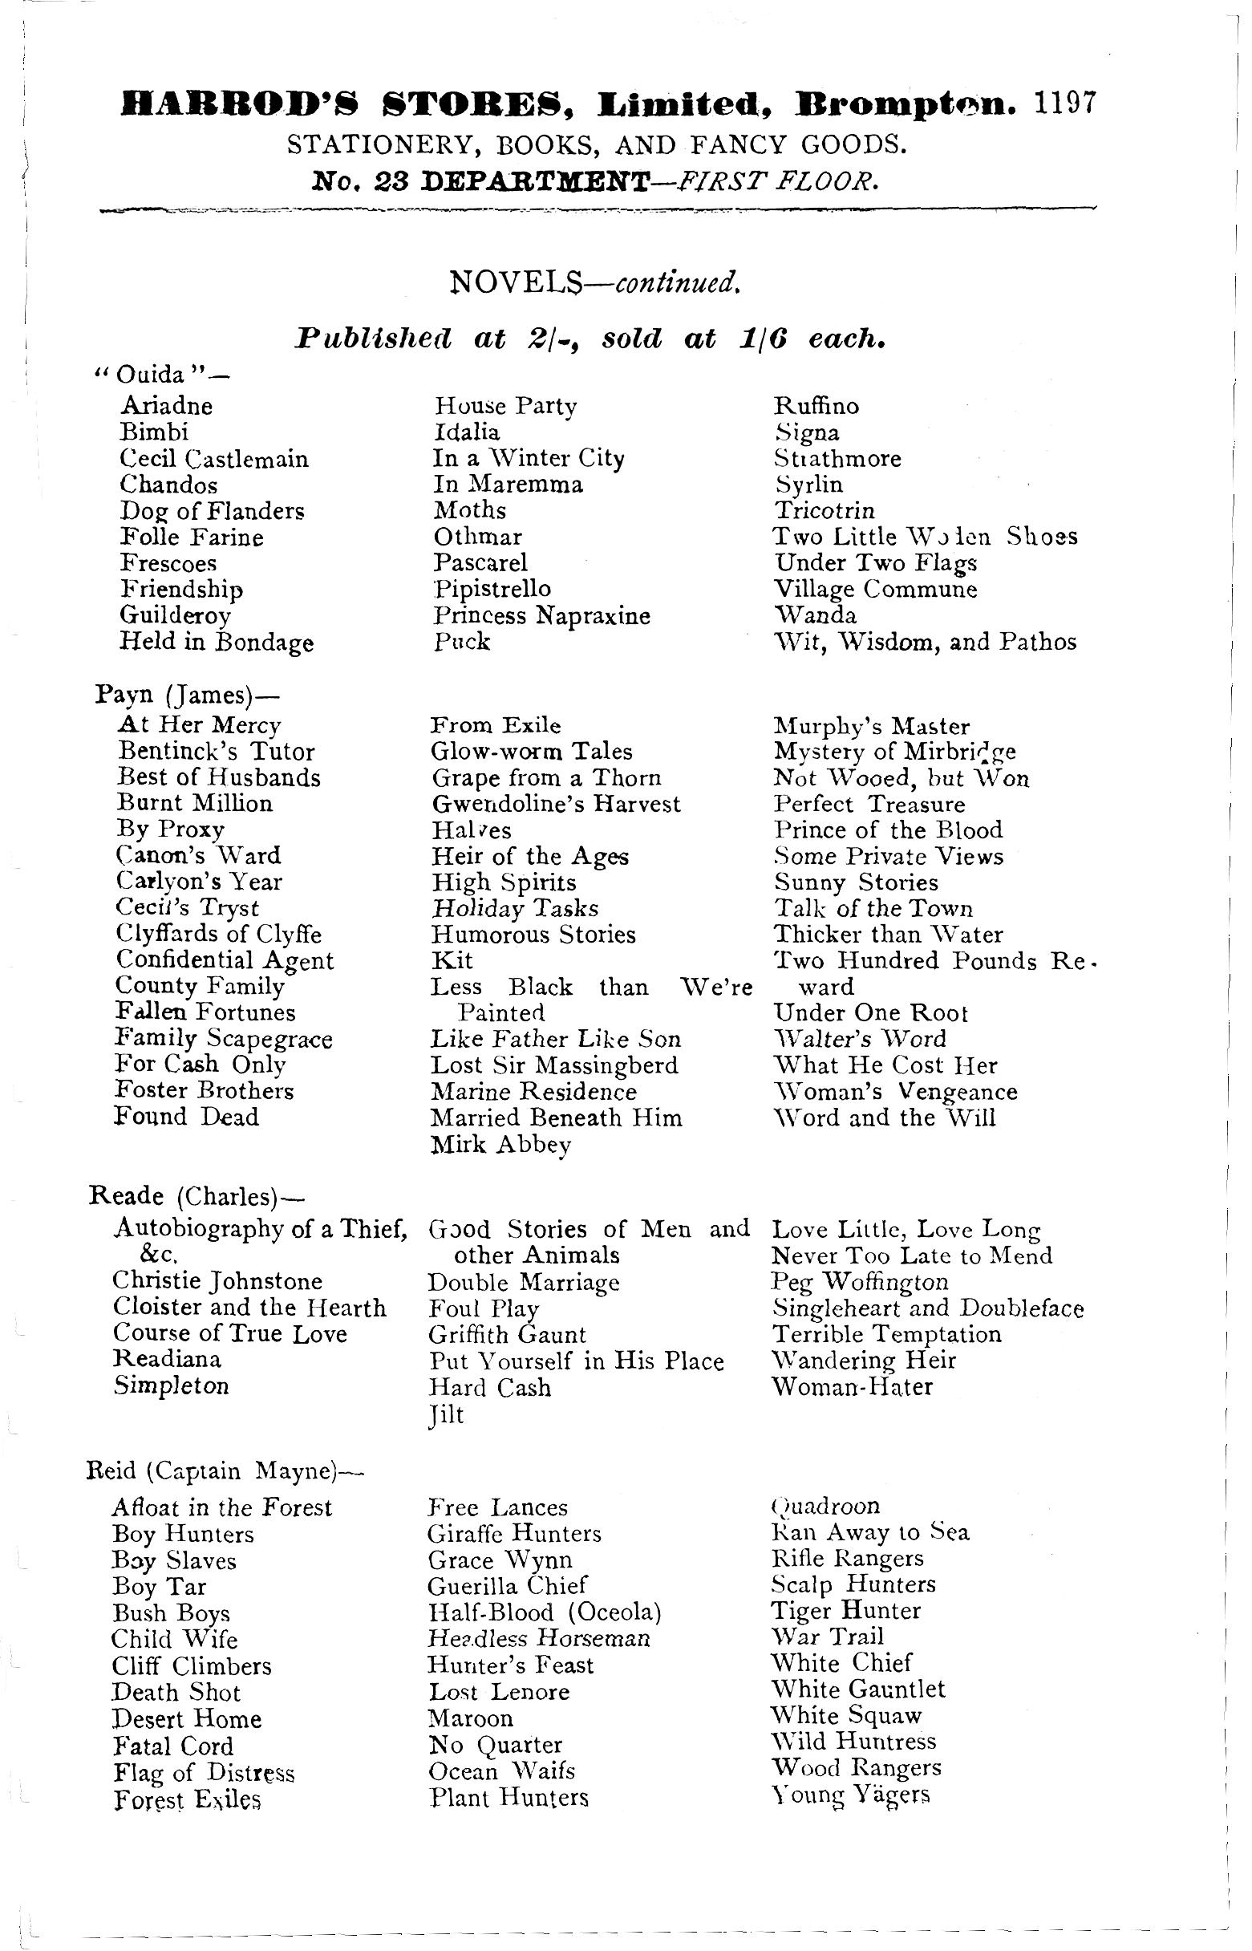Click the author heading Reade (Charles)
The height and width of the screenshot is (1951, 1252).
pos(186,1196)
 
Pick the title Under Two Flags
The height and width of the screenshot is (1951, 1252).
pos(875,562)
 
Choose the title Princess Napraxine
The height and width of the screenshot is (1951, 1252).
pos(541,615)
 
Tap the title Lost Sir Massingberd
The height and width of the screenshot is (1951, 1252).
pos(554,1065)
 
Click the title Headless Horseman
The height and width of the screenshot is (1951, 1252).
pos(539,1639)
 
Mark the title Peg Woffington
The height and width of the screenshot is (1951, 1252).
pos(859,1282)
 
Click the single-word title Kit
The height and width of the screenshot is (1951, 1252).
pos(452,960)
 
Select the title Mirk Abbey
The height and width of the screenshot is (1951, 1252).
pos(500,1145)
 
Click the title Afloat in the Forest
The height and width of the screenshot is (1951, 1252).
pos(222,1508)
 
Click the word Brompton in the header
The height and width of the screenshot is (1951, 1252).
pos(906,105)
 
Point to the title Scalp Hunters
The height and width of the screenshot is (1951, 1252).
pos(853,1584)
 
